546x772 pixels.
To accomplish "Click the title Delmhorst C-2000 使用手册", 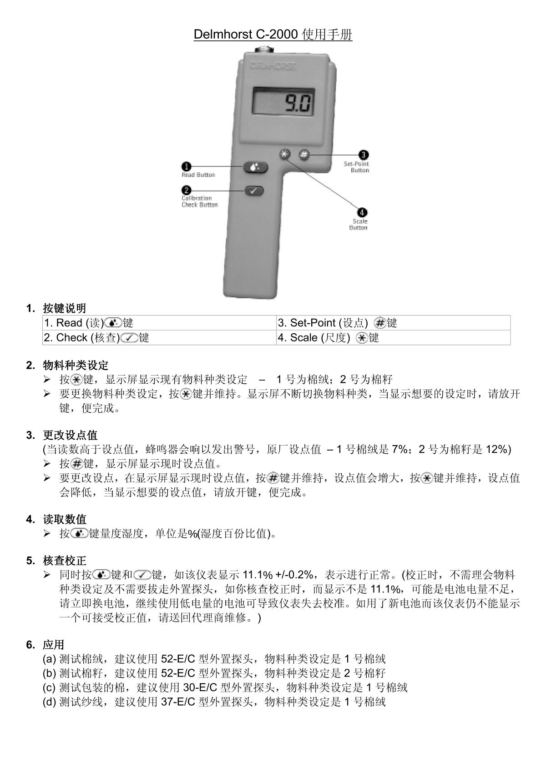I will coord(273,35).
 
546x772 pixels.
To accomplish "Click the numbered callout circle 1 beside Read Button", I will coord(187,167).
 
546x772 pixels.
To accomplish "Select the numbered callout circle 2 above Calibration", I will coord(187,190).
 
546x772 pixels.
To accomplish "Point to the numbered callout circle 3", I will coord(364,155).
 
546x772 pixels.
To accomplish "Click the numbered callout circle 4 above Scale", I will coord(362,212).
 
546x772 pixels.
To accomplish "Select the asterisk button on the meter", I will coord(285,155).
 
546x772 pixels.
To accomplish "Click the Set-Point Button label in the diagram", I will coord(357,167).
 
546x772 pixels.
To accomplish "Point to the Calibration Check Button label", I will coord(200,201).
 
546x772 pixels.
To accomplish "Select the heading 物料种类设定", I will coord(76,365).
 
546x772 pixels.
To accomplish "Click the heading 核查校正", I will coord(65,561).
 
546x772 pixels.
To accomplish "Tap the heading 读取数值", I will coord(65,519).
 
